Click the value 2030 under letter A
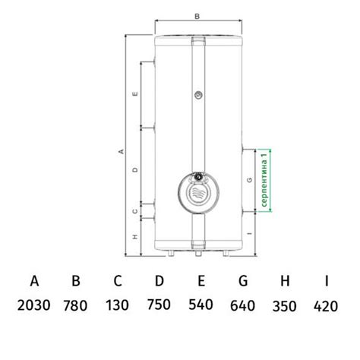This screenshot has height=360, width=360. point(33,305)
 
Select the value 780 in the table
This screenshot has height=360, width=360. point(75,305)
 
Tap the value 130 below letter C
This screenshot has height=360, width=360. point(117,305)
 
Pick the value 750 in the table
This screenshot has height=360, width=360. point(159,305)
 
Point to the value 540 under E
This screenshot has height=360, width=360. point(201,305)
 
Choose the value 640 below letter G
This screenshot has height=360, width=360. point(242,305)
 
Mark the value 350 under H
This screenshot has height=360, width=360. point(284,306)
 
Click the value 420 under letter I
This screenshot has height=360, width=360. point(326,306)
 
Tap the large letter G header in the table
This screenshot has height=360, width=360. point(243,281)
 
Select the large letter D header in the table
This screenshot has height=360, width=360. point(159,281)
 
